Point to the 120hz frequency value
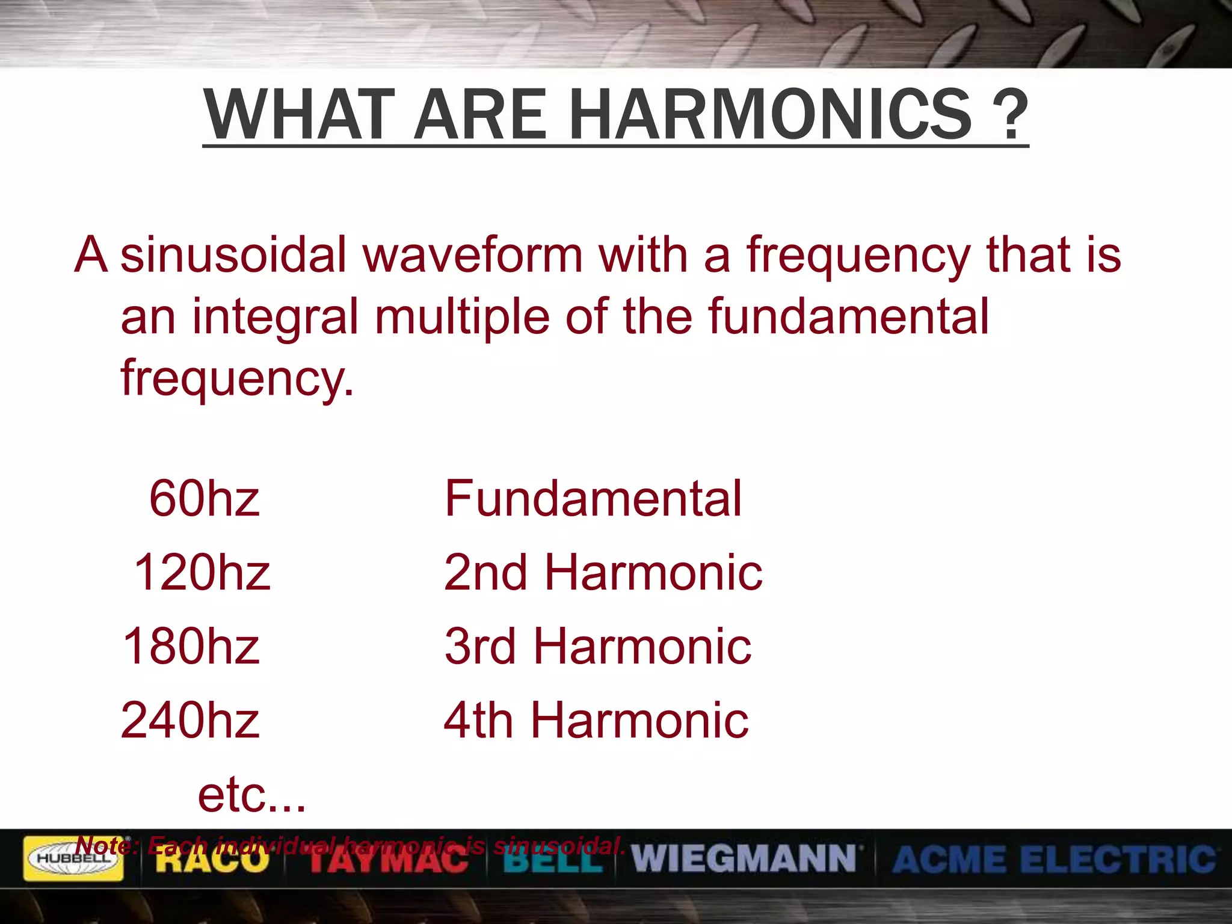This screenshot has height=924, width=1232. [x=202, y=572]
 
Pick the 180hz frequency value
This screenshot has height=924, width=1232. [x=191, y=646]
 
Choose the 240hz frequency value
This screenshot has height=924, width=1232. [x=190, y=720]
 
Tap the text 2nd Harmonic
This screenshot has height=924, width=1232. [x=603, y=572]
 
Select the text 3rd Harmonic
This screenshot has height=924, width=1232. [x=598, y=646]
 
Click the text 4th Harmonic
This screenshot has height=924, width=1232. [x=596, y=720]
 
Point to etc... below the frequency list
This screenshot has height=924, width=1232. [x=251, y=795]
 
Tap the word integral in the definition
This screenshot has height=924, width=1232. [x=275, y=317]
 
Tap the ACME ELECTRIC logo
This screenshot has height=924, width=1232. [x=1054, y=858]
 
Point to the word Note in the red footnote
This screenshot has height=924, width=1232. [x=106, y=846]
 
